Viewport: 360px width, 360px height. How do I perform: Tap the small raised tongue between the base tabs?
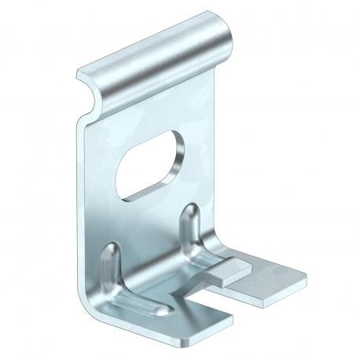tap(229, 271)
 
